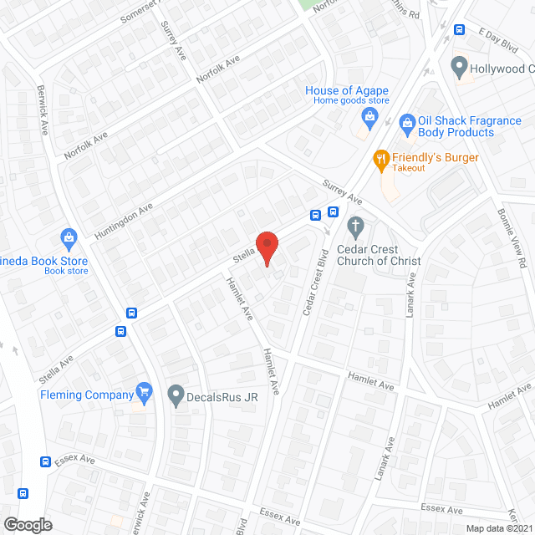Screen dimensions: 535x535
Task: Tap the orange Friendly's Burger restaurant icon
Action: click(380, 158)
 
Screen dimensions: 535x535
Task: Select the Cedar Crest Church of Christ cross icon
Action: click(355, 225)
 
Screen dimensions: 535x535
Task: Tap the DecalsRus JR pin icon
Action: click(176, 393)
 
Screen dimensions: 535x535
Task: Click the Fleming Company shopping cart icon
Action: click(145, 390)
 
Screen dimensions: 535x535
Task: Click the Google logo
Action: click(27, 524)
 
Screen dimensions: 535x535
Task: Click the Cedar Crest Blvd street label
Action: click(314, 280)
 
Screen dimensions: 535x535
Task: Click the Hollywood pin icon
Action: click(458, 65)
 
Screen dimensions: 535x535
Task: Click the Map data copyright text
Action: click(499, 528)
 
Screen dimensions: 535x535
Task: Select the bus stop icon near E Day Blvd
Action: click(459, 30)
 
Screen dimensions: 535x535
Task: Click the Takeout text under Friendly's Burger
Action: click(410, 168)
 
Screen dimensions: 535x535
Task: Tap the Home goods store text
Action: click(352, 101)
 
